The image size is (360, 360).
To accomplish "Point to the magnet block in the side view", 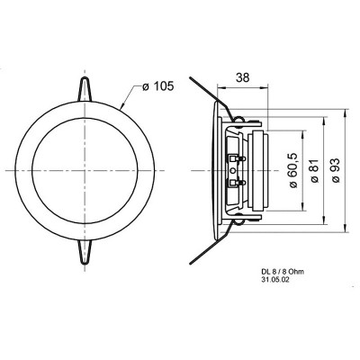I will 261,171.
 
